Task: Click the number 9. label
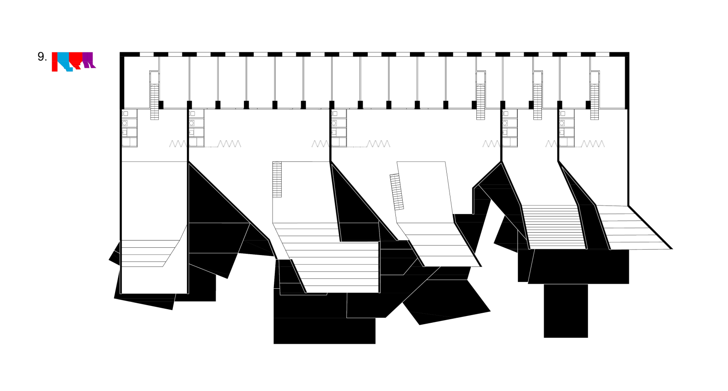click(x=42, y=57)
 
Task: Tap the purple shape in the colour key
click(x=88, y=59)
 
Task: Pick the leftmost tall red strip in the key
click(x=55, y=62)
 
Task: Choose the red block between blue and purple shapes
click(x=76, y=59)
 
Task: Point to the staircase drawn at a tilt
click(x=397, y=191)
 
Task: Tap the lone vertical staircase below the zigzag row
click(x=277, y=179)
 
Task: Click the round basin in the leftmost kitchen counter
click(x=125, y=123)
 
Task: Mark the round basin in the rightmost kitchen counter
click(x=562, y=123)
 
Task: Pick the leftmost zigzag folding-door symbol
click(x=177, y=144)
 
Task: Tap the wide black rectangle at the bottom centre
click(x=324, y=331)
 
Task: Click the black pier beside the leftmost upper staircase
click(x=161, y=105)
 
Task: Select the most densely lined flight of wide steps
click(x=554, y=226)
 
